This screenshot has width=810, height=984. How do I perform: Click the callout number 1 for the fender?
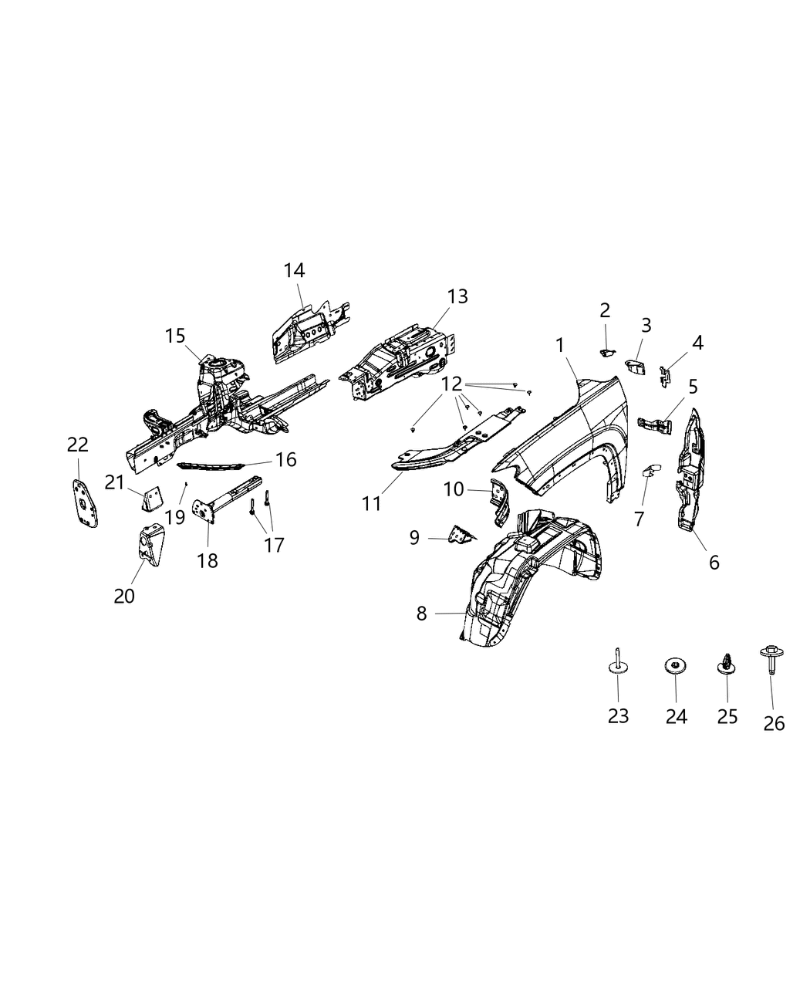pyautogui.click(x=561, y=346)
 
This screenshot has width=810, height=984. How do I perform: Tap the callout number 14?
pyautogui.click(x=294, y=271)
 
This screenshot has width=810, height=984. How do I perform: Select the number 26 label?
pyautogui.click(x=774, y=723)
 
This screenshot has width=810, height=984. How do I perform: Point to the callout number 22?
pyautogui.click(x=78, y=445)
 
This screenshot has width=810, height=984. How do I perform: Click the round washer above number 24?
pyautogui.click(x=675, y=665)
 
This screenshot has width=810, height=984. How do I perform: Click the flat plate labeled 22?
pyautogui.click(x=83, y=502)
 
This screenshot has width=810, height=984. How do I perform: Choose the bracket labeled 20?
pyautogui.click(x=148, y=546)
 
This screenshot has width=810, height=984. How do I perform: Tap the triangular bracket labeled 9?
pyautogui.click(x=461, y=533)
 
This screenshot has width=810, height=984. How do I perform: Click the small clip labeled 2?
pyautogui.click(x=606, y=352)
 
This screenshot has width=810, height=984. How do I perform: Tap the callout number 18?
pyautogui.click(x=207, y=560)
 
